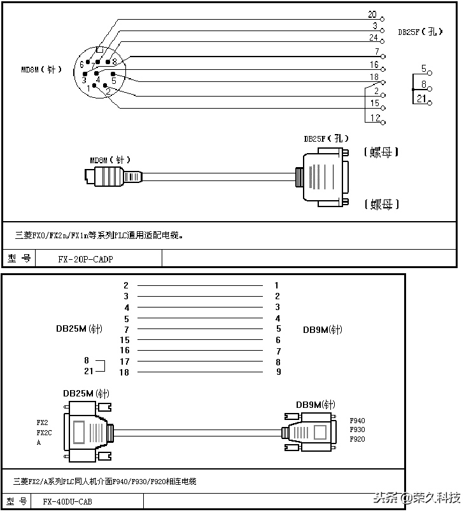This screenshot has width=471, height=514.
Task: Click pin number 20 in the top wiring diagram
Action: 372,15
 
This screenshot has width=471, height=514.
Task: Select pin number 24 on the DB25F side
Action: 374,37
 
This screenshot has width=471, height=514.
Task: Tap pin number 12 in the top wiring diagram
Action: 374,118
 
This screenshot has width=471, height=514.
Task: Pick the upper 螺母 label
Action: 381,152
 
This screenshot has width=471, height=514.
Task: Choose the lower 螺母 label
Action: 381,204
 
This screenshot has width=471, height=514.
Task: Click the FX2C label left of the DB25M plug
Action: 45,431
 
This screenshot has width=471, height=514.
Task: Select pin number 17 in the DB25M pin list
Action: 125,362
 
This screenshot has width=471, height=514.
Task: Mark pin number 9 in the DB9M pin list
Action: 278,372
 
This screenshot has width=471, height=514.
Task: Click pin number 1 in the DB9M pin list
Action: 277,286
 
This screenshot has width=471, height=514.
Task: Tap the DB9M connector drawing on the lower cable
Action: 310,433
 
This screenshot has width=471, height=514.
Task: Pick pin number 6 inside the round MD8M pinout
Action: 81,65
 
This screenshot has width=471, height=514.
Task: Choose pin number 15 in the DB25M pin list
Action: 125,340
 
